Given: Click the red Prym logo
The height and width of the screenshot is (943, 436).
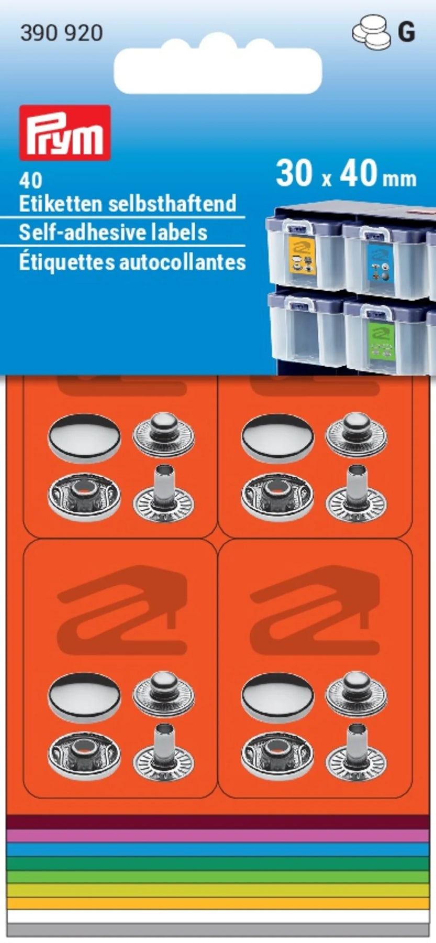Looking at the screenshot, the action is (x=65, y=133).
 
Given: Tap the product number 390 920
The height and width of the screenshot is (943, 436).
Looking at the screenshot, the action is (x=61, y=33).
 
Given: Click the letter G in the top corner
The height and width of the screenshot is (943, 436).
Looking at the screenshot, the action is (x=407, y=32).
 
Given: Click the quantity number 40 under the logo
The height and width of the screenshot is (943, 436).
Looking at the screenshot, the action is (x=30, y=181).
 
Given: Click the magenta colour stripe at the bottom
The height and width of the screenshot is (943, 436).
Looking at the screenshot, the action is (x=218, y=835).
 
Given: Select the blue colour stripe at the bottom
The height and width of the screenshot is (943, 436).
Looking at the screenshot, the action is (x=218, y=849).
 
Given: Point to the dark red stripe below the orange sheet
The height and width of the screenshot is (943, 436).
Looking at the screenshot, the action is (x=218, y=822).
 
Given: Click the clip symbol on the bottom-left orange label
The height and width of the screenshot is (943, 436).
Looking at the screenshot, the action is (x=122, y=610).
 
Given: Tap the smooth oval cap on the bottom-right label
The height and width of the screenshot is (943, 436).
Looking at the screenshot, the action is (x=277, y=696).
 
